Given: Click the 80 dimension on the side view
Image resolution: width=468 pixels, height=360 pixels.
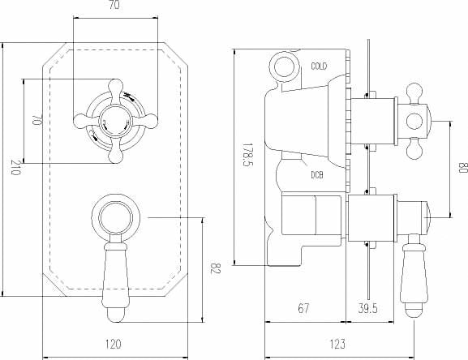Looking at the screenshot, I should [x=462, y=171].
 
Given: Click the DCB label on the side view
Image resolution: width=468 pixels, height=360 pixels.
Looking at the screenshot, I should [x=318, y=174].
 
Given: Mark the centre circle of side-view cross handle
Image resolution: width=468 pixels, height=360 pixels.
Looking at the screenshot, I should [x=414, y=122].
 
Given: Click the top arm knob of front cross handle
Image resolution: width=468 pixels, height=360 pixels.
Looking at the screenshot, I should [x=114, y=87].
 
